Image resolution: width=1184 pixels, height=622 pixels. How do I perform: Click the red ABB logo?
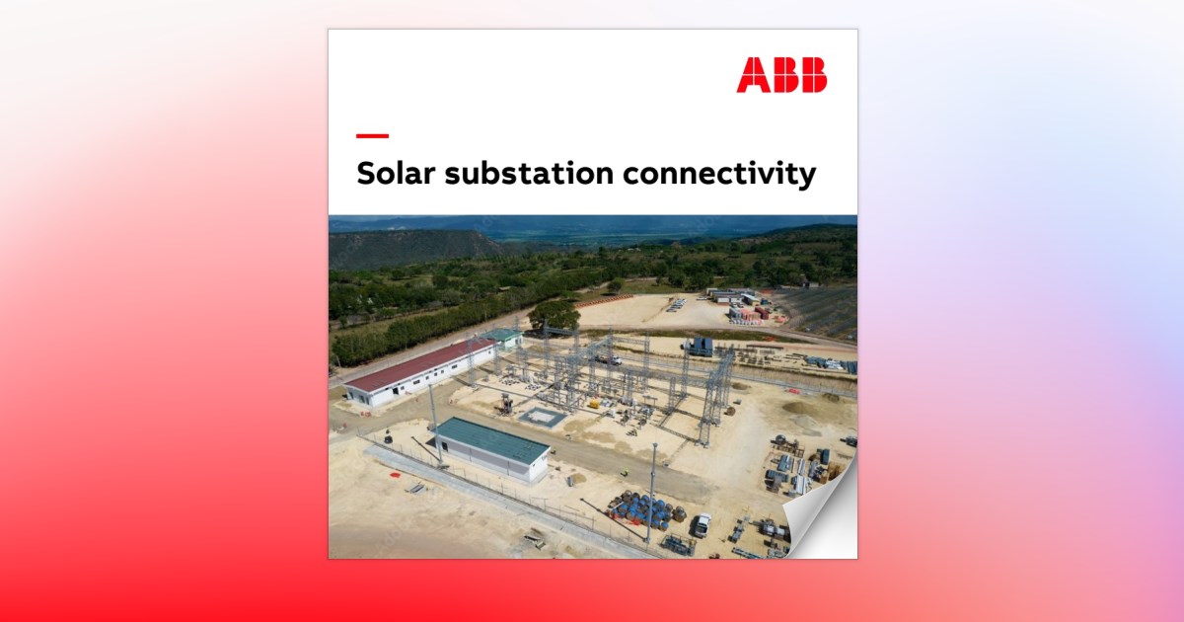click(x=781, y=75)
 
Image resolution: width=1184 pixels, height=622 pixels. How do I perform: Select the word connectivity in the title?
click(x=719, y=174)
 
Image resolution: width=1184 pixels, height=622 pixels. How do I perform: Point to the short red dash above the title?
click(x=372, y=136)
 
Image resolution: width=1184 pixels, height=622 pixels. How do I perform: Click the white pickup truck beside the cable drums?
click(x=700, y=524)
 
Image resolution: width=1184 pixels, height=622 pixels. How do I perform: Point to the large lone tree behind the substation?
click(x=555, y=315)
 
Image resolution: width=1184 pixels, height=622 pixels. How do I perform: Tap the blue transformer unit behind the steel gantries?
click(x=700, y=346)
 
